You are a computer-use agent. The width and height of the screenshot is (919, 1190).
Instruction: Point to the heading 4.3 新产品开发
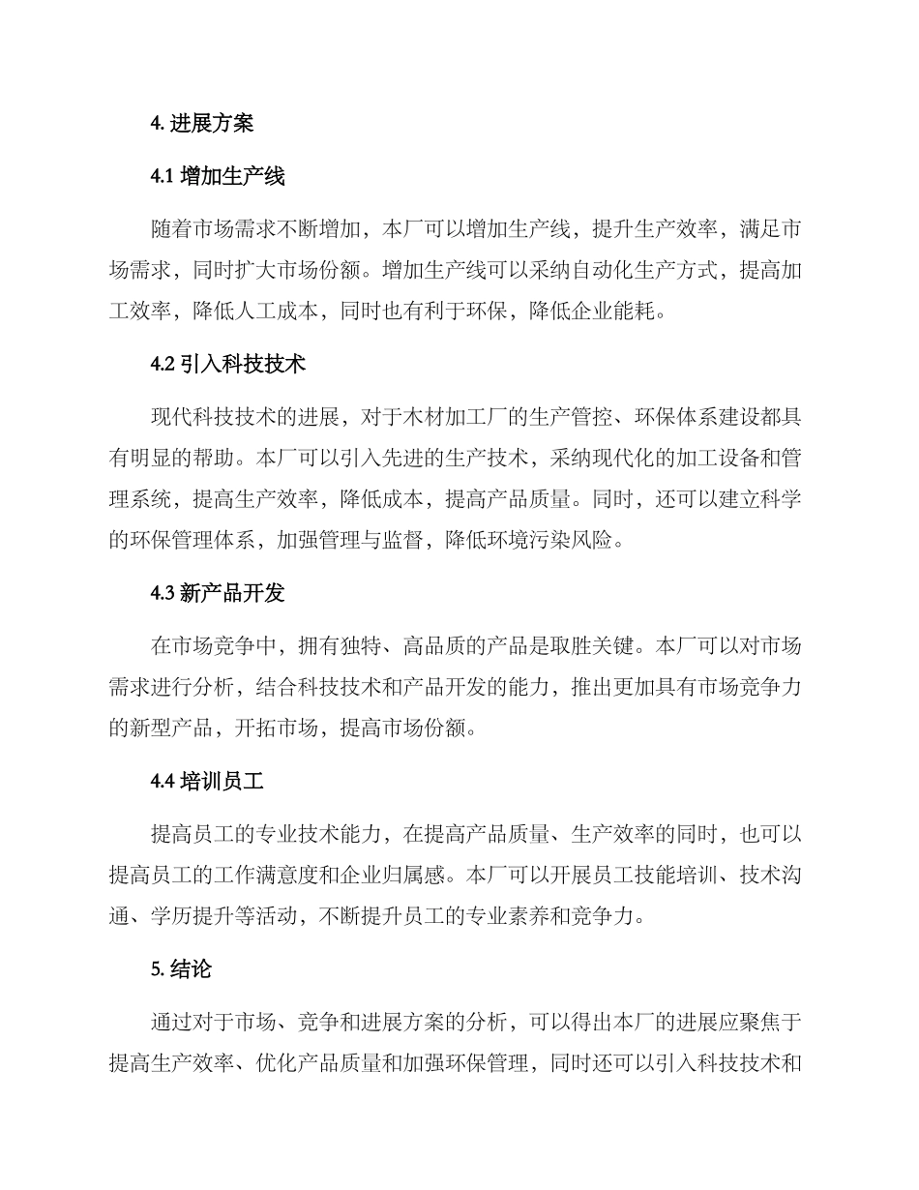coord(218,593)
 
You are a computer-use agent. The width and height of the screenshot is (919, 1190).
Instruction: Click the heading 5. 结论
coord(181,970)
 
